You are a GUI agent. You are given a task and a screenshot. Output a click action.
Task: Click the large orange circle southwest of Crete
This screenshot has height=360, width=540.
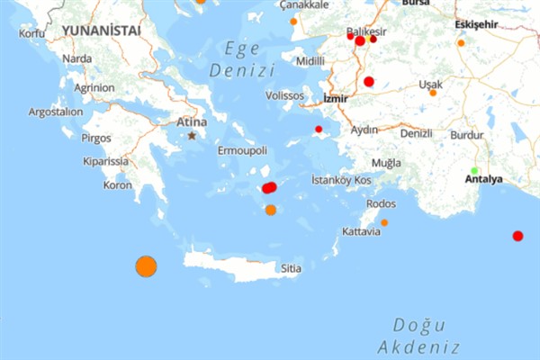(146, 266)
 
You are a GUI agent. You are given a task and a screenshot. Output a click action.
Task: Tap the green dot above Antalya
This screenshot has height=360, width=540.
(474, 170)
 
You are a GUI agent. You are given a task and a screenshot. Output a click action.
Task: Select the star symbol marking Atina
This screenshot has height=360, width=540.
(192, 136)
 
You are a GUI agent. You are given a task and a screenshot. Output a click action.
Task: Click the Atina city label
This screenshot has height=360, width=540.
(192, 121)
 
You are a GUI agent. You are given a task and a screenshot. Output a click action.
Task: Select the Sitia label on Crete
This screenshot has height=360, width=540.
(291, 268)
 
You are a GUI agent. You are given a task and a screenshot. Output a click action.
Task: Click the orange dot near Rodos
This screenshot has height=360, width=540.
(384, 222)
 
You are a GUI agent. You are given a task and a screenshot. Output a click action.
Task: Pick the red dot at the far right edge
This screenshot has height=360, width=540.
(517, 236)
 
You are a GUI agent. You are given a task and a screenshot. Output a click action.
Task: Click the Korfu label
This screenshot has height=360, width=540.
(31, 33)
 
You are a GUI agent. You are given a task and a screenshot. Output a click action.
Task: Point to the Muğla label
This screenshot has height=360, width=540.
(386, 163)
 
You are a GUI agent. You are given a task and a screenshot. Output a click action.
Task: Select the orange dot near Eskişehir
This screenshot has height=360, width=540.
(461, 42)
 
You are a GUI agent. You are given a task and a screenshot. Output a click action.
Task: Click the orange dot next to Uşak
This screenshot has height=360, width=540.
(433, 93)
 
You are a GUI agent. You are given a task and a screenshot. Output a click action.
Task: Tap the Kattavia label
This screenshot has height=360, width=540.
(361, 232)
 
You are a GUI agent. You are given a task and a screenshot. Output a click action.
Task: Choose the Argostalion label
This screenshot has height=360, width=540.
(55, 112)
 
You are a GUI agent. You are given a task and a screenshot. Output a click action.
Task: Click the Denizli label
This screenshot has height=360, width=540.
(416, 133)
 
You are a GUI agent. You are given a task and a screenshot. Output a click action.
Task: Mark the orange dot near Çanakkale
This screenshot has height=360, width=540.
(293, 21)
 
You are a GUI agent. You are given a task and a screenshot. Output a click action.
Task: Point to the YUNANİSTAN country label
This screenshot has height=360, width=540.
(101, 31)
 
